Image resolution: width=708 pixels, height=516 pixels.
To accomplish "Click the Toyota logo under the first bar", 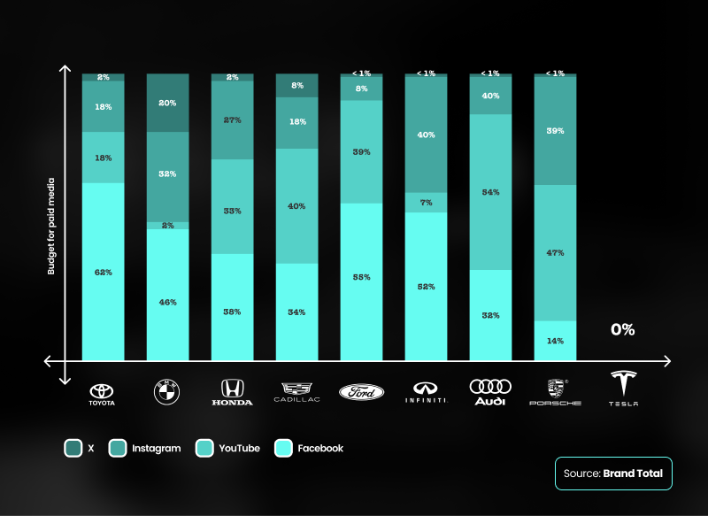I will pos(103,393).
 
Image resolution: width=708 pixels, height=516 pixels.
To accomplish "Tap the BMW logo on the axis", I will pos(167,392).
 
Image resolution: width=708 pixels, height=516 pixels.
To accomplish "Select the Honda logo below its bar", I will pos(232,392).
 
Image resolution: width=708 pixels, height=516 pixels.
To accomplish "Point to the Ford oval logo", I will pos(361,391).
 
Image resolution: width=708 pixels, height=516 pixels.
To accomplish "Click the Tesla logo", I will pos(623,389).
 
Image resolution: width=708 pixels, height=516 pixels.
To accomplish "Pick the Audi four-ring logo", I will pos(490,391).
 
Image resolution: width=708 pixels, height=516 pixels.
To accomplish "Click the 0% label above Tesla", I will pos(622,329).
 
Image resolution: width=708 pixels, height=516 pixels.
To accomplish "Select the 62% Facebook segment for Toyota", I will pos(103,272).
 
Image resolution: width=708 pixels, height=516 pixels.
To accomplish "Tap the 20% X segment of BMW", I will pos(167,103).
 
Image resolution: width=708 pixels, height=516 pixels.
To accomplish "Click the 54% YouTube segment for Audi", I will pos(490,192).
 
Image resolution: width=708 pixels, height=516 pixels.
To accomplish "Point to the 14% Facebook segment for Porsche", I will pos(555,340).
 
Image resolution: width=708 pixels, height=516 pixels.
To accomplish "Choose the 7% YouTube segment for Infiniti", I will pos(426,203).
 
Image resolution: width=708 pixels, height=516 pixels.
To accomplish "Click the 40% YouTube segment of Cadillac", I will pos(296,206).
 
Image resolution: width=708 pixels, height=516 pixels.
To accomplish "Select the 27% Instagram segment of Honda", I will pos(232,120).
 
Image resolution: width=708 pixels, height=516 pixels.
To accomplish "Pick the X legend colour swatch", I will pos(73,449).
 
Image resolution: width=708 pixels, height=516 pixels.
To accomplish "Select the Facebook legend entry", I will pos(309,449).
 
